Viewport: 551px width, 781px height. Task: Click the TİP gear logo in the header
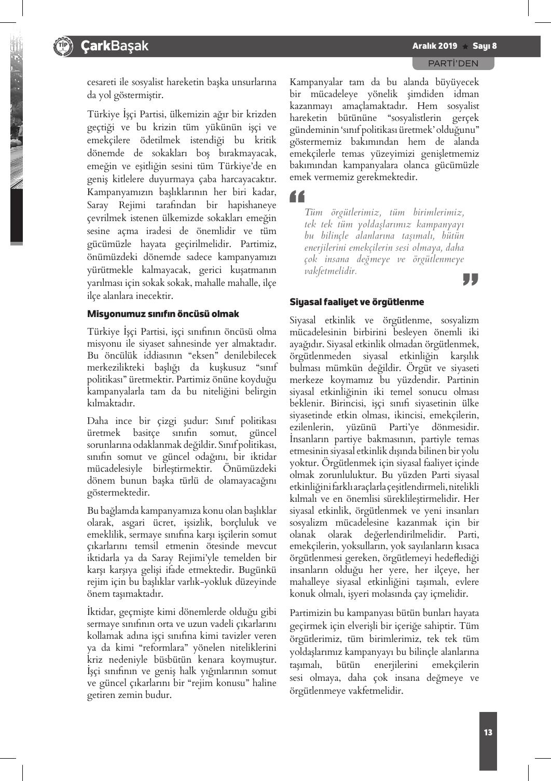tap(62, 46)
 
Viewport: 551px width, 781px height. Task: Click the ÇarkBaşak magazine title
tap(114, 46)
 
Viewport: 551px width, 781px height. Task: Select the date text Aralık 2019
tap(434, 46)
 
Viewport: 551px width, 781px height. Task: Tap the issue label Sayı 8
tap(484, 46)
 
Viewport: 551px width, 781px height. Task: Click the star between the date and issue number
tap(465, 46)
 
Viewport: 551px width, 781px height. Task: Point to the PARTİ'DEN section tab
tap(453, 63)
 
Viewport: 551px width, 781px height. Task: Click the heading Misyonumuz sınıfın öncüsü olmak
tap(163, 314)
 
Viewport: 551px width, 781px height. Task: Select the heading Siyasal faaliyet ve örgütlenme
tap(356, 302)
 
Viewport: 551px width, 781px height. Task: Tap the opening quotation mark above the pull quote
tap(297, 197)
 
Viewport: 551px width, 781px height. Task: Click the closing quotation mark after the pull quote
tap(470, 279)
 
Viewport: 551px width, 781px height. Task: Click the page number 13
tap(488, 733)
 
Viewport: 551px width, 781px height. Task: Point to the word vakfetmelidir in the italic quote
tap(330, 271)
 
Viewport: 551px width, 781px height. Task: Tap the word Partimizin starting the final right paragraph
tap(311, 613)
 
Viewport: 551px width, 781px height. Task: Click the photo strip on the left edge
tap(16, 135)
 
